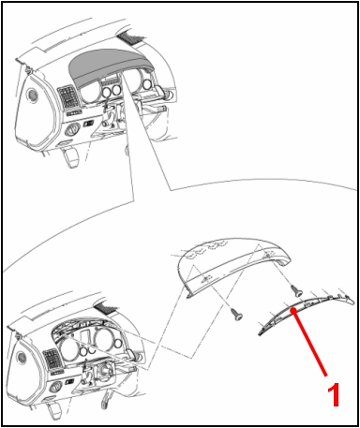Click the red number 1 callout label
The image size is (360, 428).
tap(334, 394)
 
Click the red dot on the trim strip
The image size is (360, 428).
tap(293, 310)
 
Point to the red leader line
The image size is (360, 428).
tap(309, 343)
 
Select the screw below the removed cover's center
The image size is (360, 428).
tap(237, 314)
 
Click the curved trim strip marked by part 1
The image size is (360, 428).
tap(307, 312)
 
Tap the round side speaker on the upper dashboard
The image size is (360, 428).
tap(32, 95)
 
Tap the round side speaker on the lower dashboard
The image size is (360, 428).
tap(22, 357)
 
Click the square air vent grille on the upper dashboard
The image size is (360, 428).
tap(68, 96)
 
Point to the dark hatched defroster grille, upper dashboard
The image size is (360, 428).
tap(131, 37)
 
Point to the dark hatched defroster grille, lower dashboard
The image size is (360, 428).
tap(107, 308)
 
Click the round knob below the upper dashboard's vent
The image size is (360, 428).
tap(71, 130)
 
